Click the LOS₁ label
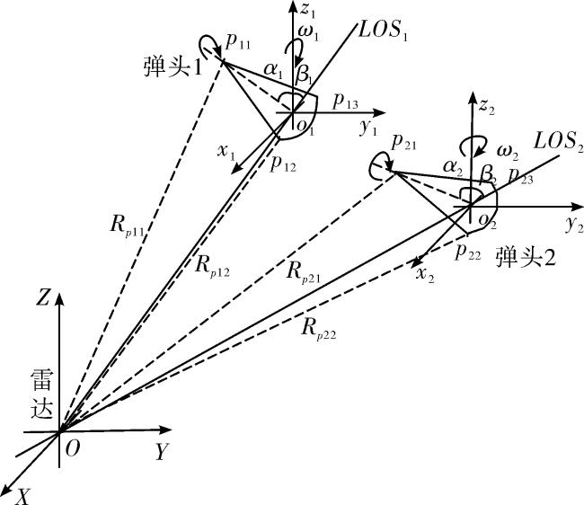[384, 30]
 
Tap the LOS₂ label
[559, 142]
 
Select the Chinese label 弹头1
[173, 67]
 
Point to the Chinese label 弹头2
[526, 257]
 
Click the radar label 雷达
[42, 394]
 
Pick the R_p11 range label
[127, 226]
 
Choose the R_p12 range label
[212, 266]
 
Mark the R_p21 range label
[304, 272]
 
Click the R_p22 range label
[319, 329]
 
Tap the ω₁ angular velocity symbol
[308, 33]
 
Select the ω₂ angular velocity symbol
[509, 152]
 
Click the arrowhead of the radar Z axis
[59, 299]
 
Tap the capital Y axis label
[162, 452]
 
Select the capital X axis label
[23, 497]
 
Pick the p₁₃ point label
[346, 101]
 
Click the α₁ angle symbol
[273, 70]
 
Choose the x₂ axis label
[425, 275]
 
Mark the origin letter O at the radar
[73, 449]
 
